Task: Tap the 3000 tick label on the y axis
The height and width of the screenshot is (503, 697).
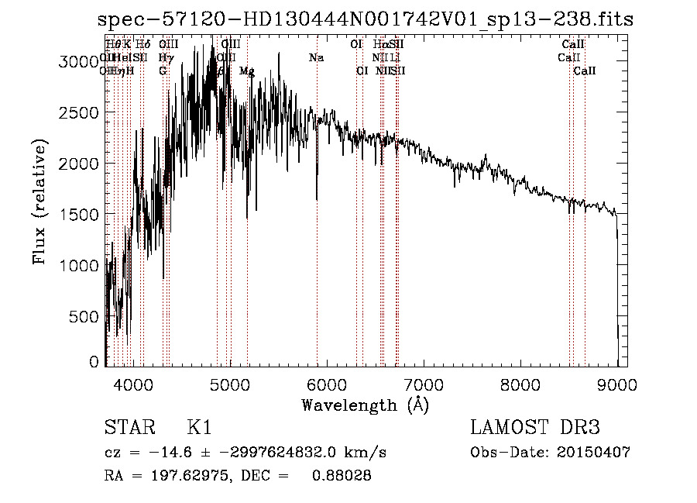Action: pyautogui.click(x=78, y=62)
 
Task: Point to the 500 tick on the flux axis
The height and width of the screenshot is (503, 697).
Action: pyautogui.click(x=85, y=316)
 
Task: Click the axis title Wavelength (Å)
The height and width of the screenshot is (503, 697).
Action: pyautogui.click(x=365, y=405)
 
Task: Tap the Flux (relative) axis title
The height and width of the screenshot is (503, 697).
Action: pyautogui.click(x=40, y=201)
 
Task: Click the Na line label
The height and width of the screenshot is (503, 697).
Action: pyautogui.click(x=316, y=57)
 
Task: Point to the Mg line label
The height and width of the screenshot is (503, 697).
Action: pyautogui.click(x=246, y=71)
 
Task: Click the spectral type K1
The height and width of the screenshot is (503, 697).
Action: pyautogui.click(x=199, y=428)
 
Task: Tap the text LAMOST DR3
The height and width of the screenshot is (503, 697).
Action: pyautogui.click(x=535, y=428)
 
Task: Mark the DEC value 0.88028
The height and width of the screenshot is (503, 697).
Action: pyautogui.click(x=342, y=476)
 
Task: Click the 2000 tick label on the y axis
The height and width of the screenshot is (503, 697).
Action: pyautogui.click(x=78, y=164)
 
